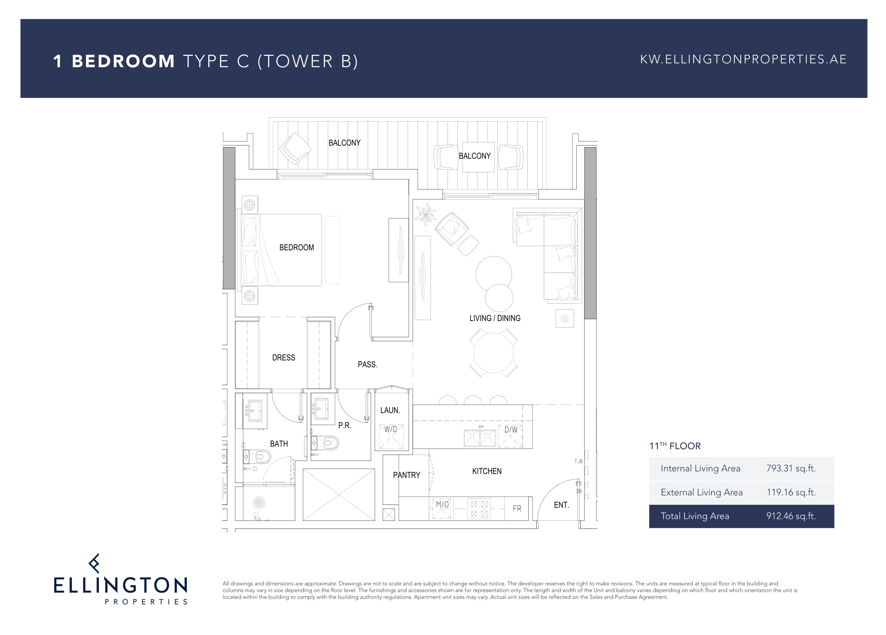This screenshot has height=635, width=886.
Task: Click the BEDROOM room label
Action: [297, 247]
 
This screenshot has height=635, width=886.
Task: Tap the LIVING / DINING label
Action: [495, 318]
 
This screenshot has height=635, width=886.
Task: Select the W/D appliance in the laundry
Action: [391, 437]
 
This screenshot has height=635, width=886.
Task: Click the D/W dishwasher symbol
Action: [510, 436]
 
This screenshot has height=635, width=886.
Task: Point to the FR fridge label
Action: [517, 508]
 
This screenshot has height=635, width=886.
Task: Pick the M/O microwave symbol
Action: [442, 508]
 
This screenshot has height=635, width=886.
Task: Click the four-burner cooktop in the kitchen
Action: [479, 509]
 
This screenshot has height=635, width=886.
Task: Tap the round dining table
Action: [493, 353]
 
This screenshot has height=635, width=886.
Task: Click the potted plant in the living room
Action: [426, 214]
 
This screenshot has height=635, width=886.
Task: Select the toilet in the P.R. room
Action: [325, 443]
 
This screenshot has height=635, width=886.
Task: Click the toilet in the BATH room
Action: [258, 456]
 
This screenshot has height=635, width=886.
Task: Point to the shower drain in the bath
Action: [259, 502]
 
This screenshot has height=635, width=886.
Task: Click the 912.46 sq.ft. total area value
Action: [791, 516]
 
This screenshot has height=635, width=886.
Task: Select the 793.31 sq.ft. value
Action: [791, 468]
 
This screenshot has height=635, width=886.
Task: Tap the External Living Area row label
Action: [702, 492]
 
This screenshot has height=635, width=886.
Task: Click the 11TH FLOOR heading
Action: [675, 446]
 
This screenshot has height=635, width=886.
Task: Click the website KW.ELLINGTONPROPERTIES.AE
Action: [743, 59]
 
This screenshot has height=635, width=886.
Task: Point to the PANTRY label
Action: [406, 475]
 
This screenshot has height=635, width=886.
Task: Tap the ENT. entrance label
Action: [561, 505]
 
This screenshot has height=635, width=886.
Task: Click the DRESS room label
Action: [283, 357]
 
